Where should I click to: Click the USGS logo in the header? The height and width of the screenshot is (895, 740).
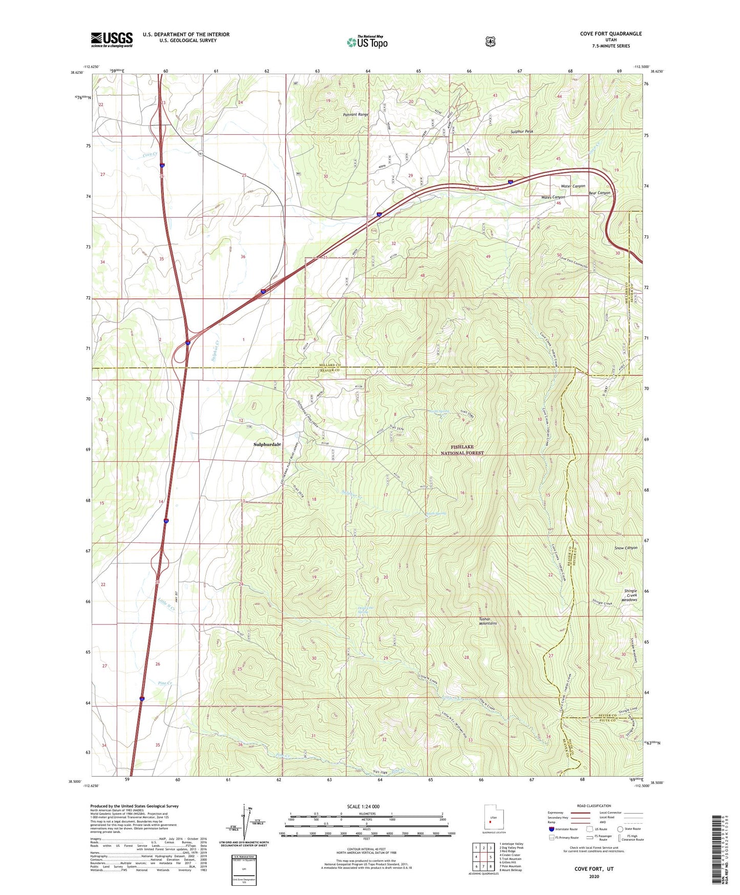[112, 39]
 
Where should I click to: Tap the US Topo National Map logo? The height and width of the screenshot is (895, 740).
[367, 42]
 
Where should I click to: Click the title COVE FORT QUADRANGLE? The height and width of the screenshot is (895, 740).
[610, 34]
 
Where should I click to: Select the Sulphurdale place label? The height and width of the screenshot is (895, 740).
[267, 444]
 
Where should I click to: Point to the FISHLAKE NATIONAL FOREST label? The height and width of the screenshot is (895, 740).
[462, 450]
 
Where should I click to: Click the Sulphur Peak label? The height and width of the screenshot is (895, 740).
[521, 132]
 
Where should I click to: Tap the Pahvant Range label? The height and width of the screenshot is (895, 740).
[356, 114]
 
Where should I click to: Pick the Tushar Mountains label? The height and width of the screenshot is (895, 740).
[488, 621]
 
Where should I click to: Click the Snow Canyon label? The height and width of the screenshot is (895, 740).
[625, 547]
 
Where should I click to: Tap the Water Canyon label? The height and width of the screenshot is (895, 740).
[573, 186]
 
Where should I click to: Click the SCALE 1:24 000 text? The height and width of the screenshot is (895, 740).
[363, 806]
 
